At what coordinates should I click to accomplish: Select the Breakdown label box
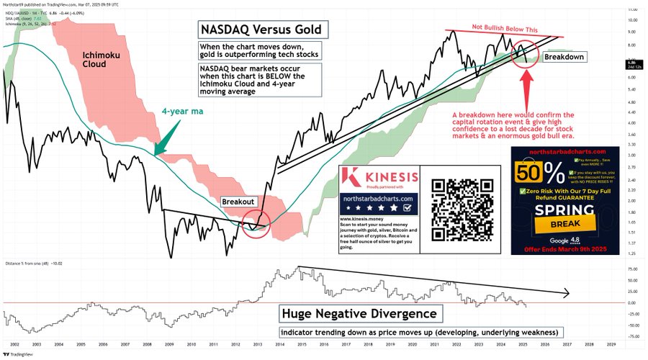tap(564, 56)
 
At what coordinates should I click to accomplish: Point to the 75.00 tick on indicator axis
tap(631, 268)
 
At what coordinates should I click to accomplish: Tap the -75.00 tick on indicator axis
tap(631, 336)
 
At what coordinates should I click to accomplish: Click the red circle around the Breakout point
tap(256, 220)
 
